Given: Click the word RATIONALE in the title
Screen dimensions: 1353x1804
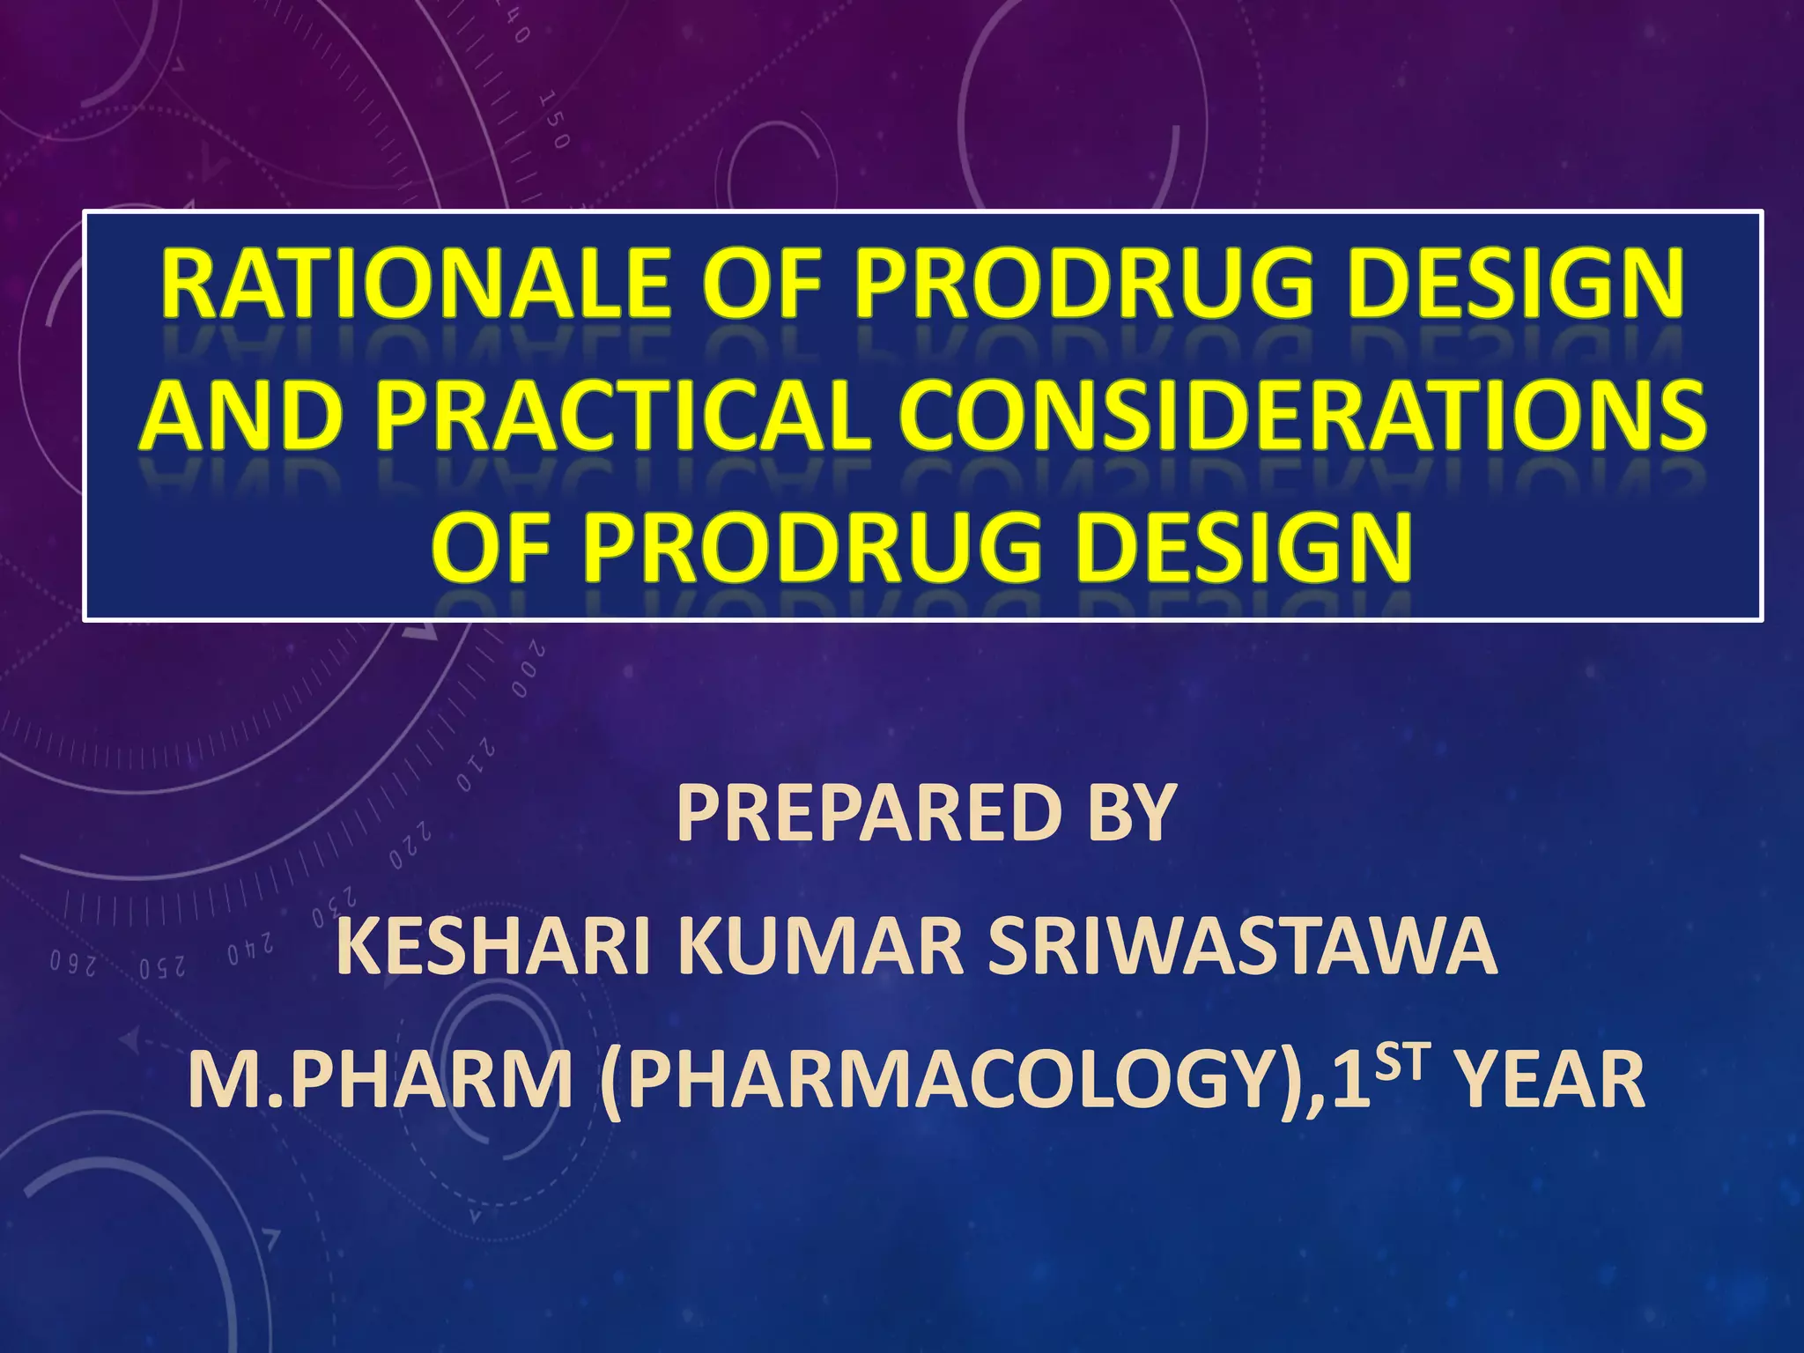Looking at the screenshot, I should pos(415,285).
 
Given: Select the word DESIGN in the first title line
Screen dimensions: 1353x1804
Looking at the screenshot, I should pos(1502,285).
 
